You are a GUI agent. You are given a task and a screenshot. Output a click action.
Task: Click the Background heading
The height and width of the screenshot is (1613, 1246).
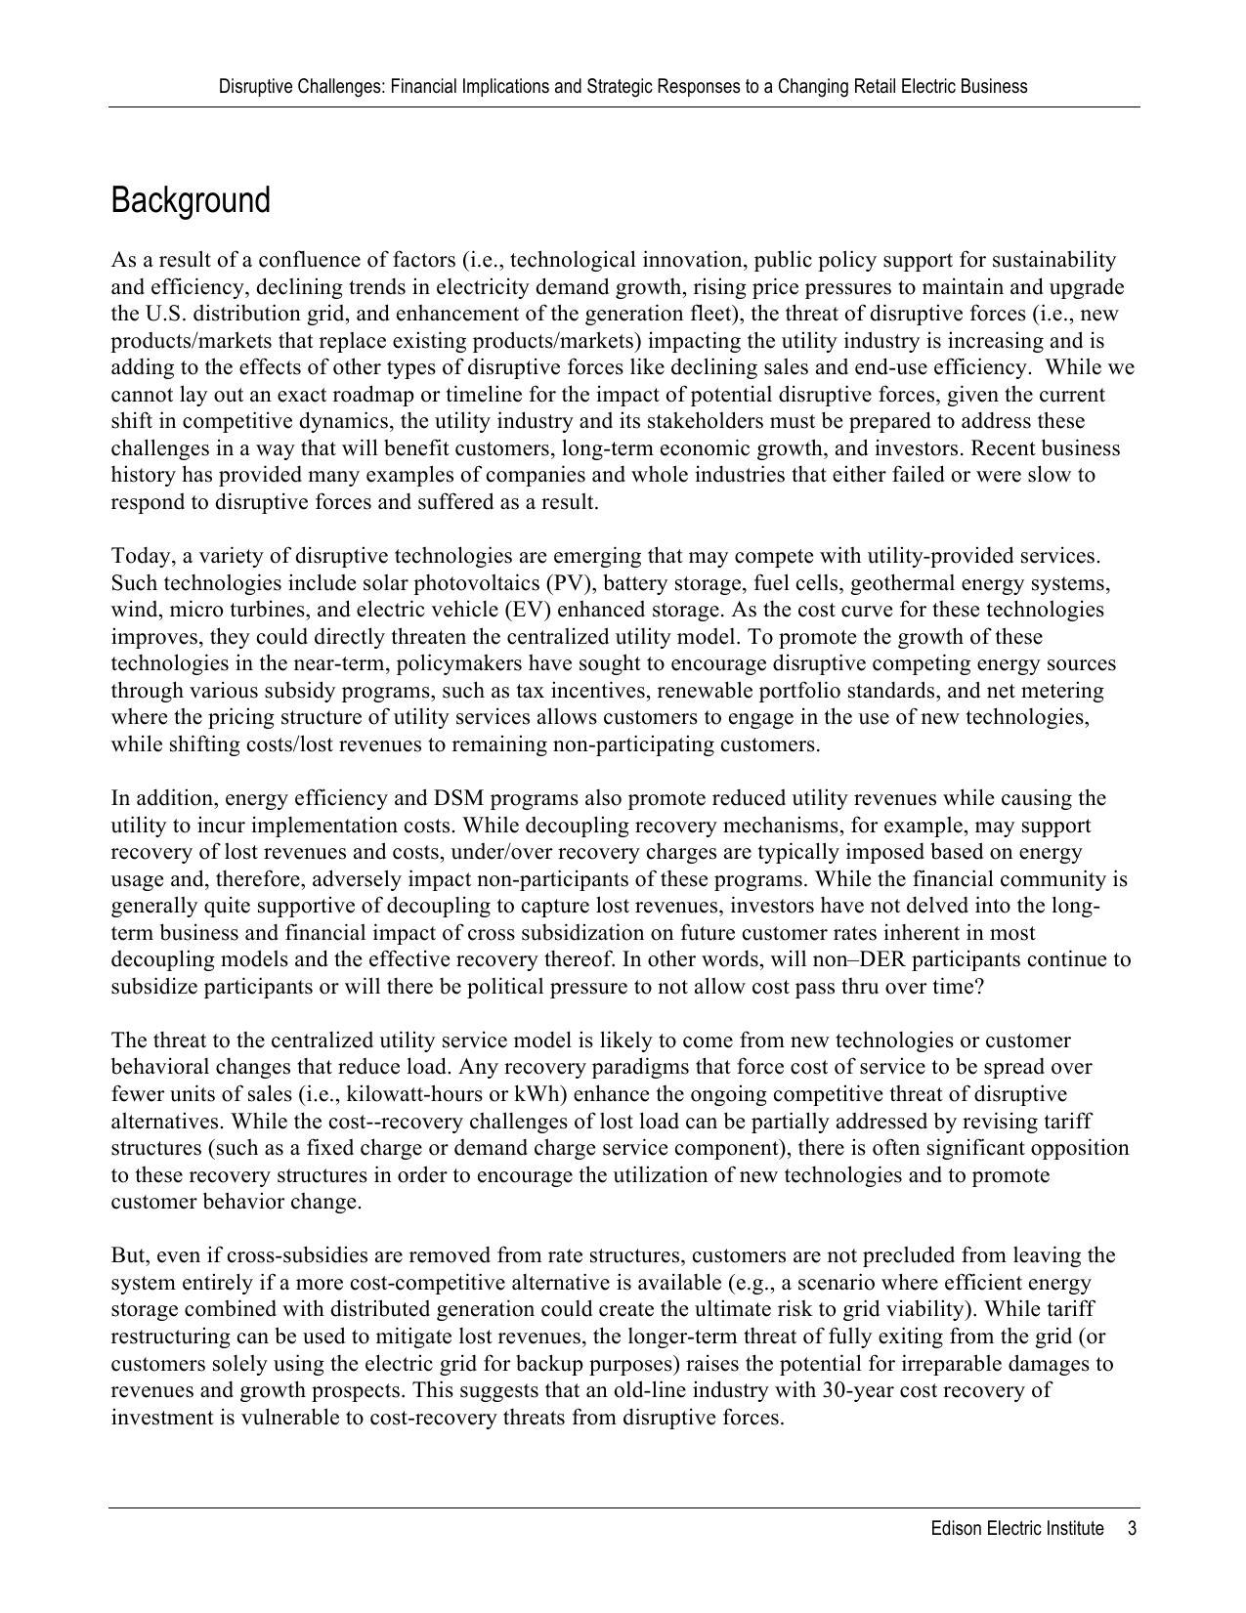coord(191,200)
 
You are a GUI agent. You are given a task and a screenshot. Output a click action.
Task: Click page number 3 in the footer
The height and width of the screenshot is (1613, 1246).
coord(1132,1529)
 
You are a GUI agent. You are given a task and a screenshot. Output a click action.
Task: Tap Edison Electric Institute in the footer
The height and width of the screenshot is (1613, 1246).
coord(1016,1529)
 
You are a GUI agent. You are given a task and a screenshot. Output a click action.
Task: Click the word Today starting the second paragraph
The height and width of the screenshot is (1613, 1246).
coord(140,556)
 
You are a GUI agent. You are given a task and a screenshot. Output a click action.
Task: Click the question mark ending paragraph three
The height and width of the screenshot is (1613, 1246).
coord(979,987)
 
